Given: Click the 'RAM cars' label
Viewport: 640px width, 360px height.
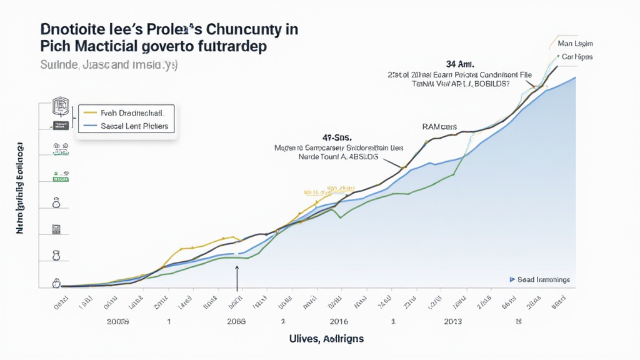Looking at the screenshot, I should tap(440, 127).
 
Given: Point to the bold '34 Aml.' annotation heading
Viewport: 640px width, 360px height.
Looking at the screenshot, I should tap(460, 64).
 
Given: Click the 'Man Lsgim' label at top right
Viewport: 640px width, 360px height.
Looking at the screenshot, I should tap(575, 44).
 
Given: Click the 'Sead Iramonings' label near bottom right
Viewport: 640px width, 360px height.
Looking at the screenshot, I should tap(544, 280).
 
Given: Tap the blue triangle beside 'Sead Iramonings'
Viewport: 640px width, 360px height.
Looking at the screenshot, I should tap(512, 280).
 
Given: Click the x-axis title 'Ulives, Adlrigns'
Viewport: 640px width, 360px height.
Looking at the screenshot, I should tap(326, 338).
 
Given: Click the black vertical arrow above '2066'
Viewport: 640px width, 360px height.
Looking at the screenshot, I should tap(237, 278).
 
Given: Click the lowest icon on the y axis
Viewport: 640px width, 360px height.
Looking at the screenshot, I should tap(55, 283).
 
